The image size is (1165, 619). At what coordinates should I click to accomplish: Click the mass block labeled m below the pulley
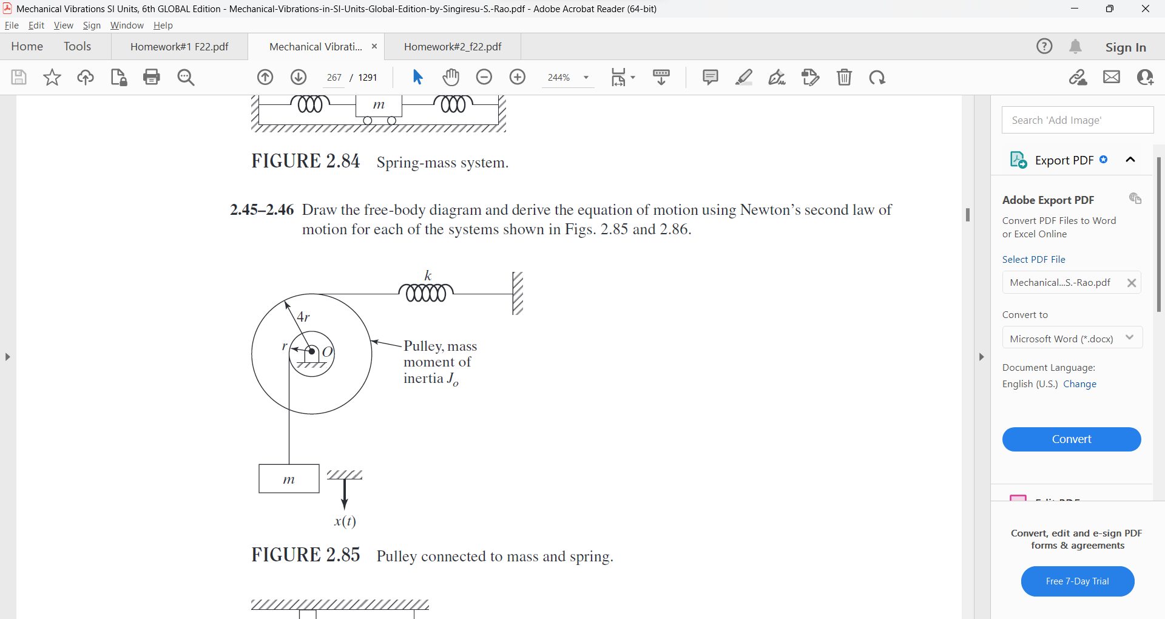click(x=289, y=479)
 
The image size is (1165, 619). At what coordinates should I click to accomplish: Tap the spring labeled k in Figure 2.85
click(x=426, y=293)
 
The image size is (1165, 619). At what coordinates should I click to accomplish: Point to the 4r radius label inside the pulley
click(x=303, y=317)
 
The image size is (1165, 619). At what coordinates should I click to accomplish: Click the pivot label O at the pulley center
click(x=328, y=352)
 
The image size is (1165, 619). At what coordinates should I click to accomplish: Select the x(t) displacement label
click(x=345, y=521)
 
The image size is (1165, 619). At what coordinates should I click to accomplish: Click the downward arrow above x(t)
click(x=345, y=494)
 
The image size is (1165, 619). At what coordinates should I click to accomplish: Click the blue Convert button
click(x=1072, y=439)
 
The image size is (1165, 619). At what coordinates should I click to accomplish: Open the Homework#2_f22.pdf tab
click(x=453, y=47)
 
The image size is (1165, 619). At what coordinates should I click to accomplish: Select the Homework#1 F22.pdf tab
click(x=180, y=47)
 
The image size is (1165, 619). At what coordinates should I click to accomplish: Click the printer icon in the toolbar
click(x=152, y=77)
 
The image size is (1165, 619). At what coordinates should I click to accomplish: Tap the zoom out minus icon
click(x=484, y=77)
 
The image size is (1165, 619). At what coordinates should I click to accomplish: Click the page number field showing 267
click(x=334, y=78)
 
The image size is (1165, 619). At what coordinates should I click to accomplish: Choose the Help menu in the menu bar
click(x=163, y=25)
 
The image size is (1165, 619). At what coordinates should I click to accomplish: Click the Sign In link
click(x=1126, y=47)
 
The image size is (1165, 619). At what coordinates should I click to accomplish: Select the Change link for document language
click(x=1080, y=384)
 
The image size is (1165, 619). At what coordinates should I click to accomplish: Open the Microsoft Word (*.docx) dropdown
click(x=1072, y=338)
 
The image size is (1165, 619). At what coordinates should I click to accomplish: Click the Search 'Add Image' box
click(x=1078, y=120)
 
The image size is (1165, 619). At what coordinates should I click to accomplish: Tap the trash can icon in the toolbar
click(x=845, y=77)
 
